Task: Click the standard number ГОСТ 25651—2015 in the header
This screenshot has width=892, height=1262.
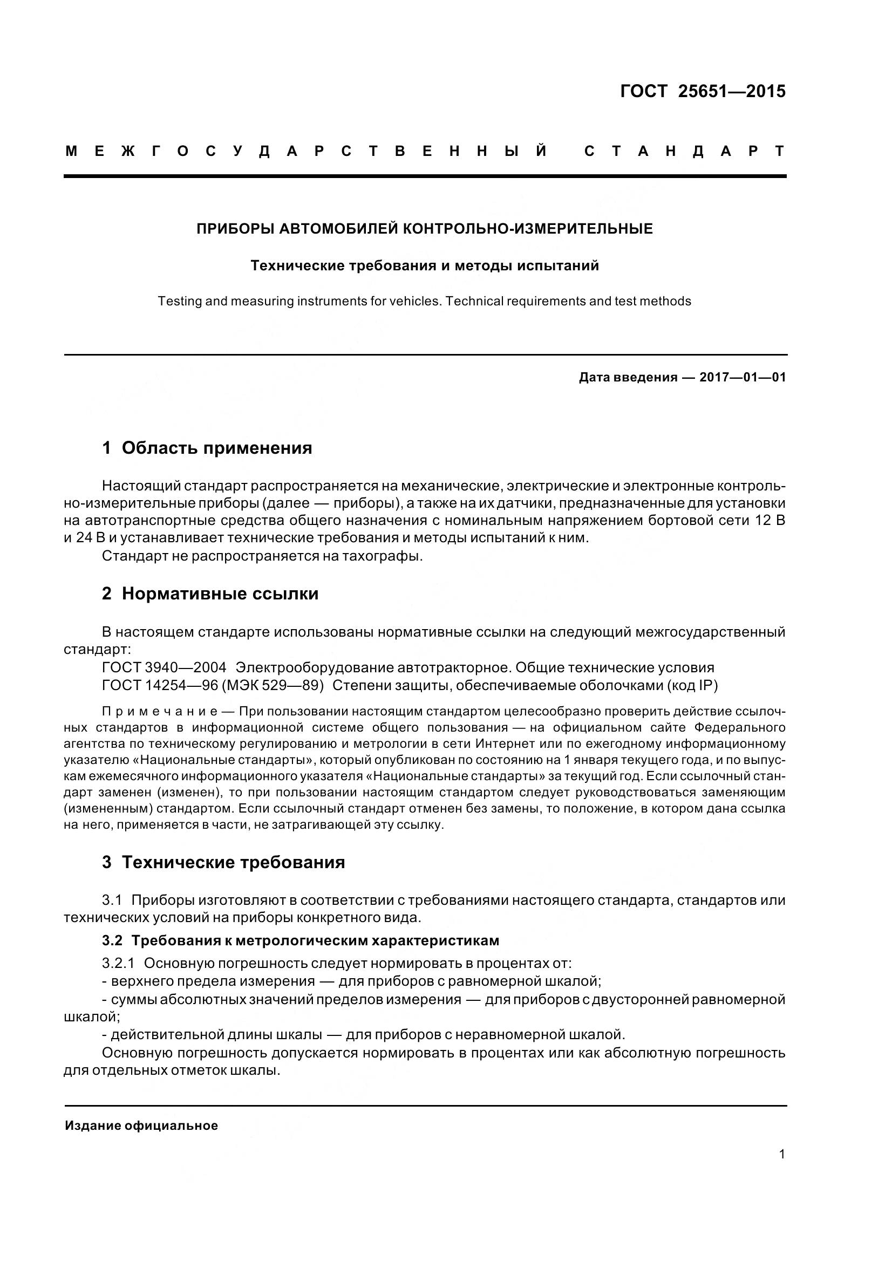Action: pos(703,91)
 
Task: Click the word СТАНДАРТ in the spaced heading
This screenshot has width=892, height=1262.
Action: pos(685,152)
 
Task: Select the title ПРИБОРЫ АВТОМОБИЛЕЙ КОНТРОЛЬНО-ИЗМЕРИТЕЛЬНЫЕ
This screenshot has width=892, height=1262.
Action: pos(425,229)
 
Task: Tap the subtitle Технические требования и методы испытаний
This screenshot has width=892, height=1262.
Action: pos(425,266)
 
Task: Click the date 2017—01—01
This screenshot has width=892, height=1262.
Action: pos(743,378)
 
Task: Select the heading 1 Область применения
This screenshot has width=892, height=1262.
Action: pos(207,448)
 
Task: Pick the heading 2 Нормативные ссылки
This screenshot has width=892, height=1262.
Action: pos(210,594)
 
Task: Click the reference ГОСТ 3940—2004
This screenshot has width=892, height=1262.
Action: pos(164,668)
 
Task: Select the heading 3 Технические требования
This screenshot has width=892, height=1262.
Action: pos(224,862)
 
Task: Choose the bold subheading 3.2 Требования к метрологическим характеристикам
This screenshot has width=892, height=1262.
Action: pos(301,940)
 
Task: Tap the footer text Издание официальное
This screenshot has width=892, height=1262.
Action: pos(141,1126)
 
